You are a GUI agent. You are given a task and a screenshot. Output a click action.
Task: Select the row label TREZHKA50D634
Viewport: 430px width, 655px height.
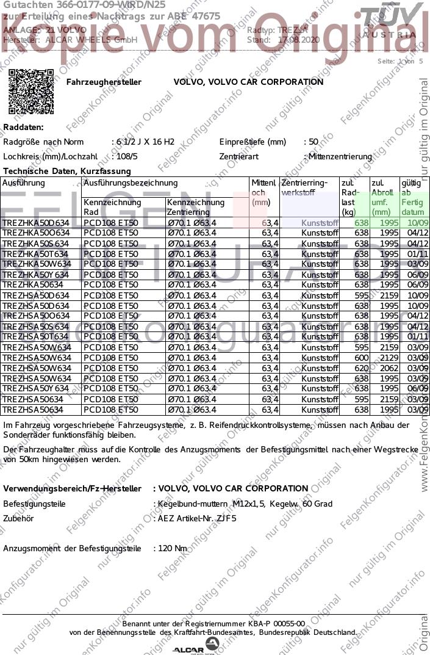pos(36,223)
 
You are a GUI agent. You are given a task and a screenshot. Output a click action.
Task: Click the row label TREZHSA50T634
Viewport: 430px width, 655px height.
pos(36,337)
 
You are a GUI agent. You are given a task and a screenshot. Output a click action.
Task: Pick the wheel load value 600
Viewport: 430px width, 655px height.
pos(362,358)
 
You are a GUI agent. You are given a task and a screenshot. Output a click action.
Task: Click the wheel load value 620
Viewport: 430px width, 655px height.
pos(362,368)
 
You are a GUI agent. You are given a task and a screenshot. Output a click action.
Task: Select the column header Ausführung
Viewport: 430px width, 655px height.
pos(24,183)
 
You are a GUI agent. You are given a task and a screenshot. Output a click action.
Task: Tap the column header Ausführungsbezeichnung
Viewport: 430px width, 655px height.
pos(131,183)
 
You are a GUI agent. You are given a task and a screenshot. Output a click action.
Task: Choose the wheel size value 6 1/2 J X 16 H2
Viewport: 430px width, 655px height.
pos(144,142)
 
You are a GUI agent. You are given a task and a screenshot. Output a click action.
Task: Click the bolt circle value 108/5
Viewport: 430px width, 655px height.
pos(126,156)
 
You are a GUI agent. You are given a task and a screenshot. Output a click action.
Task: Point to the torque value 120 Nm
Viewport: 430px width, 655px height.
pos(172,548)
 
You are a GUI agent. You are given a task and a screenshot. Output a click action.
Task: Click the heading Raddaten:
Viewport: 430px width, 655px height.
pos(24,127)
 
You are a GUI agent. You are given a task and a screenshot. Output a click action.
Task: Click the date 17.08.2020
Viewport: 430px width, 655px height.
pos(298,40)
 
